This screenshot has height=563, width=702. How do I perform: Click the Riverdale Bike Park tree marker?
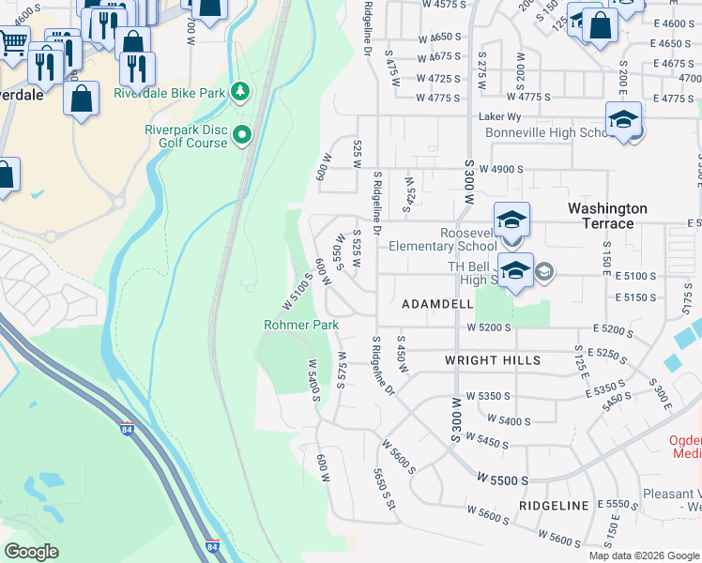242,91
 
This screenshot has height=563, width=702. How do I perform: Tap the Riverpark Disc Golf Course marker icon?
243,135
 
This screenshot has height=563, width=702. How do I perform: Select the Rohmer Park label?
300,325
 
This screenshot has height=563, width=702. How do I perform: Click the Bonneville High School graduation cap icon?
623,120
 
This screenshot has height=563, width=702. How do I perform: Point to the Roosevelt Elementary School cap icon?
512,221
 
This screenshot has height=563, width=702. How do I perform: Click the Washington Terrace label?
607,215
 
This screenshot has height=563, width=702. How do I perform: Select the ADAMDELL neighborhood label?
437,305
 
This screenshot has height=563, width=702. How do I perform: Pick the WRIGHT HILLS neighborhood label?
493,360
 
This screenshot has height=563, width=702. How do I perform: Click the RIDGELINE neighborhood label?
553,505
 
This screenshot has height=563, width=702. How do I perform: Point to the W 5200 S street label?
488,327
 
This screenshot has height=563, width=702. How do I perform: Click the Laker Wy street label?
498,116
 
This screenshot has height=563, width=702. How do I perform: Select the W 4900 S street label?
499,170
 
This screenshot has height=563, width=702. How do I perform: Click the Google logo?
32,552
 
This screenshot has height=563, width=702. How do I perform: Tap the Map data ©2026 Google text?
644,555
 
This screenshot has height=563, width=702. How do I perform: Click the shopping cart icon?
11,41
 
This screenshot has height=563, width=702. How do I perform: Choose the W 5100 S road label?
297,292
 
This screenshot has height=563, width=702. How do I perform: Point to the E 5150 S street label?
637,297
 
